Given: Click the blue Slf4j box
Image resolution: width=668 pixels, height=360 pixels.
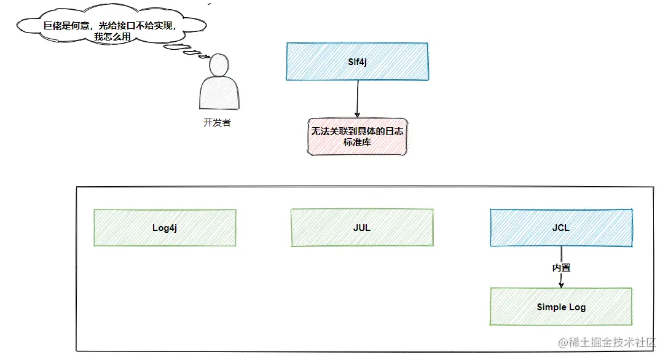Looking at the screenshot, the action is (358, 62).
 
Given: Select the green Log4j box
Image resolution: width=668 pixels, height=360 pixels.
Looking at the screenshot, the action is (165, 227).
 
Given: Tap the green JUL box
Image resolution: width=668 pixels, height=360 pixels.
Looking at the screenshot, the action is (362, 227).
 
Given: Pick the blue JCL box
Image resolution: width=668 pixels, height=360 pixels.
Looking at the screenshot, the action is (561, 227).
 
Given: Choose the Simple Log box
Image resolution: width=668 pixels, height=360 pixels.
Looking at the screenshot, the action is (561, 307).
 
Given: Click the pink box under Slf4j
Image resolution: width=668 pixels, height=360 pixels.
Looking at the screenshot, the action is (357, 137).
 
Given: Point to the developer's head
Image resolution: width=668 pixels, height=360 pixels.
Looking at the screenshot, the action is (219, 65).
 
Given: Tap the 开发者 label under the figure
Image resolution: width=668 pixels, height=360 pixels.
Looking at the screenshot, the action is (217, 123).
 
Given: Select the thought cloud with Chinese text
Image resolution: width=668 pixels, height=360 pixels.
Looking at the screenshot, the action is (112, 25).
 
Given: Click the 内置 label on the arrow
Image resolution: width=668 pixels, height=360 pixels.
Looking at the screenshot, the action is (561, 268).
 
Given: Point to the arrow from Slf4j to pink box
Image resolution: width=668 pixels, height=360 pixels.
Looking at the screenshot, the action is (358, 99).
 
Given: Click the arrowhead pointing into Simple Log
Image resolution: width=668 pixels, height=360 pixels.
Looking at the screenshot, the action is (561, 285).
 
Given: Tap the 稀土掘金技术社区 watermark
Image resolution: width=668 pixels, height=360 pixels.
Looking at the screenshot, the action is (607, 342).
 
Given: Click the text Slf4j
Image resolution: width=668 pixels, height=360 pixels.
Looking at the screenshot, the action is (358, 62).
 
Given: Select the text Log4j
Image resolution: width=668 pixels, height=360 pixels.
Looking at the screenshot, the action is (165, 228).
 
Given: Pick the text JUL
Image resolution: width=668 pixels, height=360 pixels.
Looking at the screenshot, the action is (362, 228).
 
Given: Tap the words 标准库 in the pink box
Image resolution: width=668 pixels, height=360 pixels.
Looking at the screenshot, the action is (357, 143).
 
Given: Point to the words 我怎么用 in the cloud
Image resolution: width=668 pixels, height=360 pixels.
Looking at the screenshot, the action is (112, 37).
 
